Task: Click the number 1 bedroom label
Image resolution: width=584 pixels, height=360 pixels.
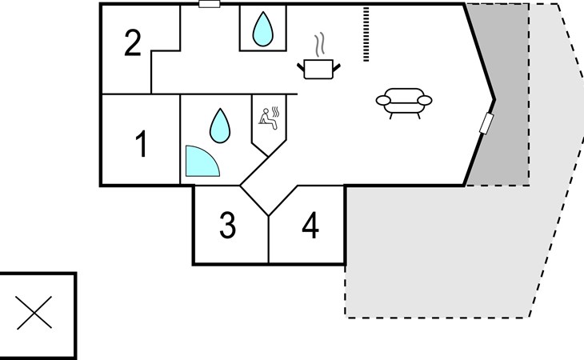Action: pos(141,144)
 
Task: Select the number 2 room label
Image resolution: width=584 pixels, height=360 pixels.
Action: pos(134,43)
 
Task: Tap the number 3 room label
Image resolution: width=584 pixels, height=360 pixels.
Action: pos(228,226)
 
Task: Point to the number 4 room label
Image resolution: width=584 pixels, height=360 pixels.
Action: pos(310,226)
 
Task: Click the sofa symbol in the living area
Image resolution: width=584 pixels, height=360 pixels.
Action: pos(404,102)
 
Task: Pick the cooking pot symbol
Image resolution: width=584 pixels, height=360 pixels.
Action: pos(321,69)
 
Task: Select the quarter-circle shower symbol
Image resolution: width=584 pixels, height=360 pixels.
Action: pos(200,162)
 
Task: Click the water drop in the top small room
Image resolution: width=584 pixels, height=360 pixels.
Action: pos(262,30)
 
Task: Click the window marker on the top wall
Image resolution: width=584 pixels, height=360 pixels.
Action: pos(210,4)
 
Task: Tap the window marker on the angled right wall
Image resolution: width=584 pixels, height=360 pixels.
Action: pos(486,124)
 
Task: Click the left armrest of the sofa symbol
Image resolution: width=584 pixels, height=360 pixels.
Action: pos(383,100)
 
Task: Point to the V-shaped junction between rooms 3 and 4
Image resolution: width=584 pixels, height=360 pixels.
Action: pos(269,214)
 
